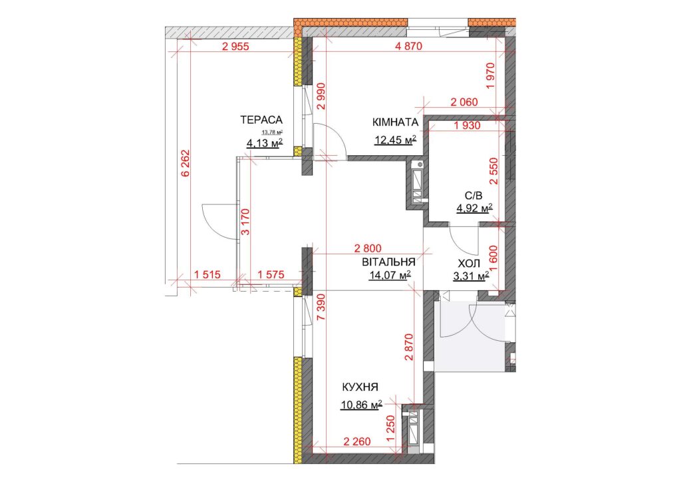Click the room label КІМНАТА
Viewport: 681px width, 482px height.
pos(395,122)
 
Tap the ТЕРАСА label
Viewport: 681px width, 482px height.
pos(261,120)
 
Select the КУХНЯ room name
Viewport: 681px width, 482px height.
pos(360,387)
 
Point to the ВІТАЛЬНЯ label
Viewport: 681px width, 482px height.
pos(388,262)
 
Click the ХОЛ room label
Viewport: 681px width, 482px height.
pos(469,264)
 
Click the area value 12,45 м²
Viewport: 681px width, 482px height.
pos(395,140)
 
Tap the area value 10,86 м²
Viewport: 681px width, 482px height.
pos(361,405)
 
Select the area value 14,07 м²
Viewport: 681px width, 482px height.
pos(390,275)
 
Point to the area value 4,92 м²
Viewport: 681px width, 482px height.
pos(474,208)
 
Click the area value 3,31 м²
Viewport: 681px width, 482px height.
pos(472,276)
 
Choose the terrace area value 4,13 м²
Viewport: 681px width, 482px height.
pos(265,142)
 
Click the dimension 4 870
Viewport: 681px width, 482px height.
pos(408,46)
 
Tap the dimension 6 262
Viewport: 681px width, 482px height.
pos(186,163)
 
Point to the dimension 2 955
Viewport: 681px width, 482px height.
pos(235,46)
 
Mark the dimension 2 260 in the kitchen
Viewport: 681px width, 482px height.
pos(357,441)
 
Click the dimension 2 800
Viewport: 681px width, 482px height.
pos(368,248)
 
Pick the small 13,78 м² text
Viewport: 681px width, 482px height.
pos(272,132)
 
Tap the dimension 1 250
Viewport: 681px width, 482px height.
pos(391,430)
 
